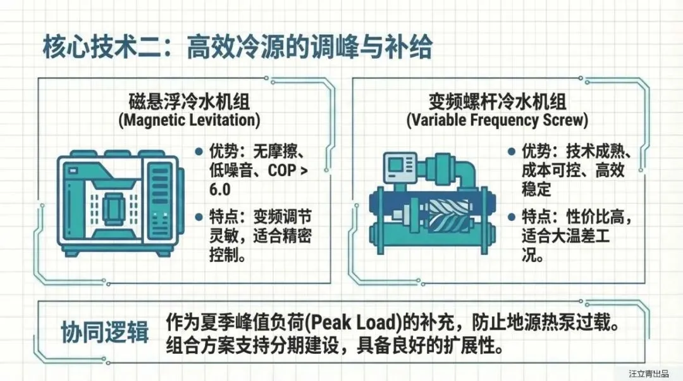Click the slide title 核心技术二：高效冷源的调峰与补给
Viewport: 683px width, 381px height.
(237, 48)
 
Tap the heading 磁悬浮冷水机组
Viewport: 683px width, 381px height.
(189, 102)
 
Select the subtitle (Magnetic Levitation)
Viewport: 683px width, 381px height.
(189, 120)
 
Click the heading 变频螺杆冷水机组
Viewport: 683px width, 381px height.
(497, 102)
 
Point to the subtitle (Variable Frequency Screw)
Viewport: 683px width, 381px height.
(497, 120)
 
